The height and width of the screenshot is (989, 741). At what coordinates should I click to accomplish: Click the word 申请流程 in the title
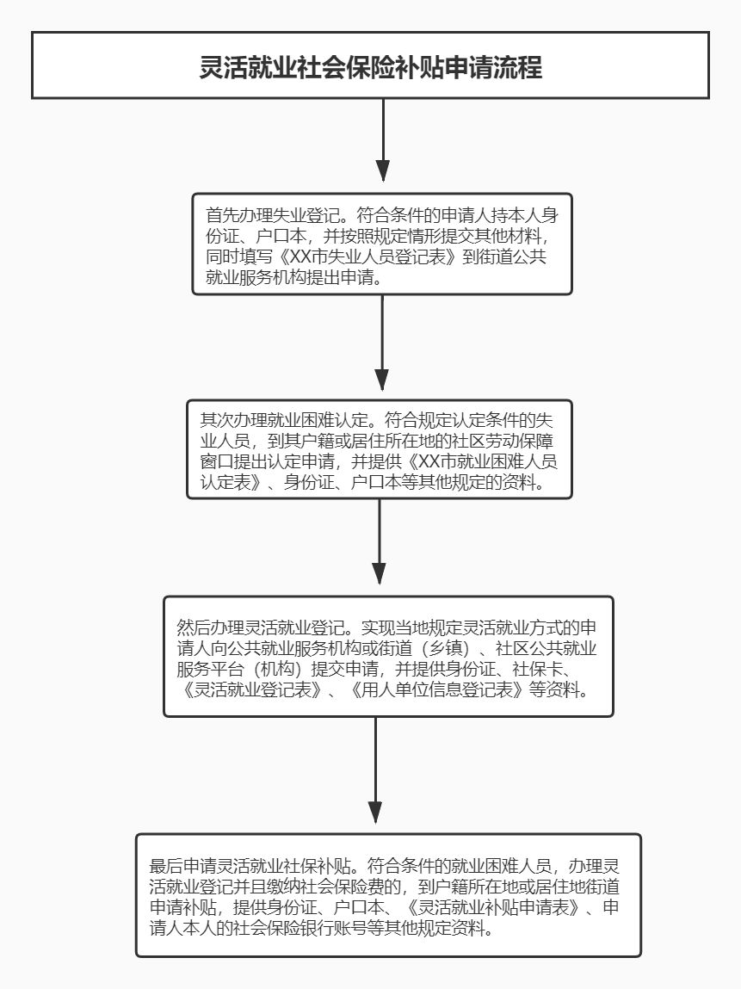tap(491, 67)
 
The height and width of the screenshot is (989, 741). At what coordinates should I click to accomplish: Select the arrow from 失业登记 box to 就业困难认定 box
tap(382, 344)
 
